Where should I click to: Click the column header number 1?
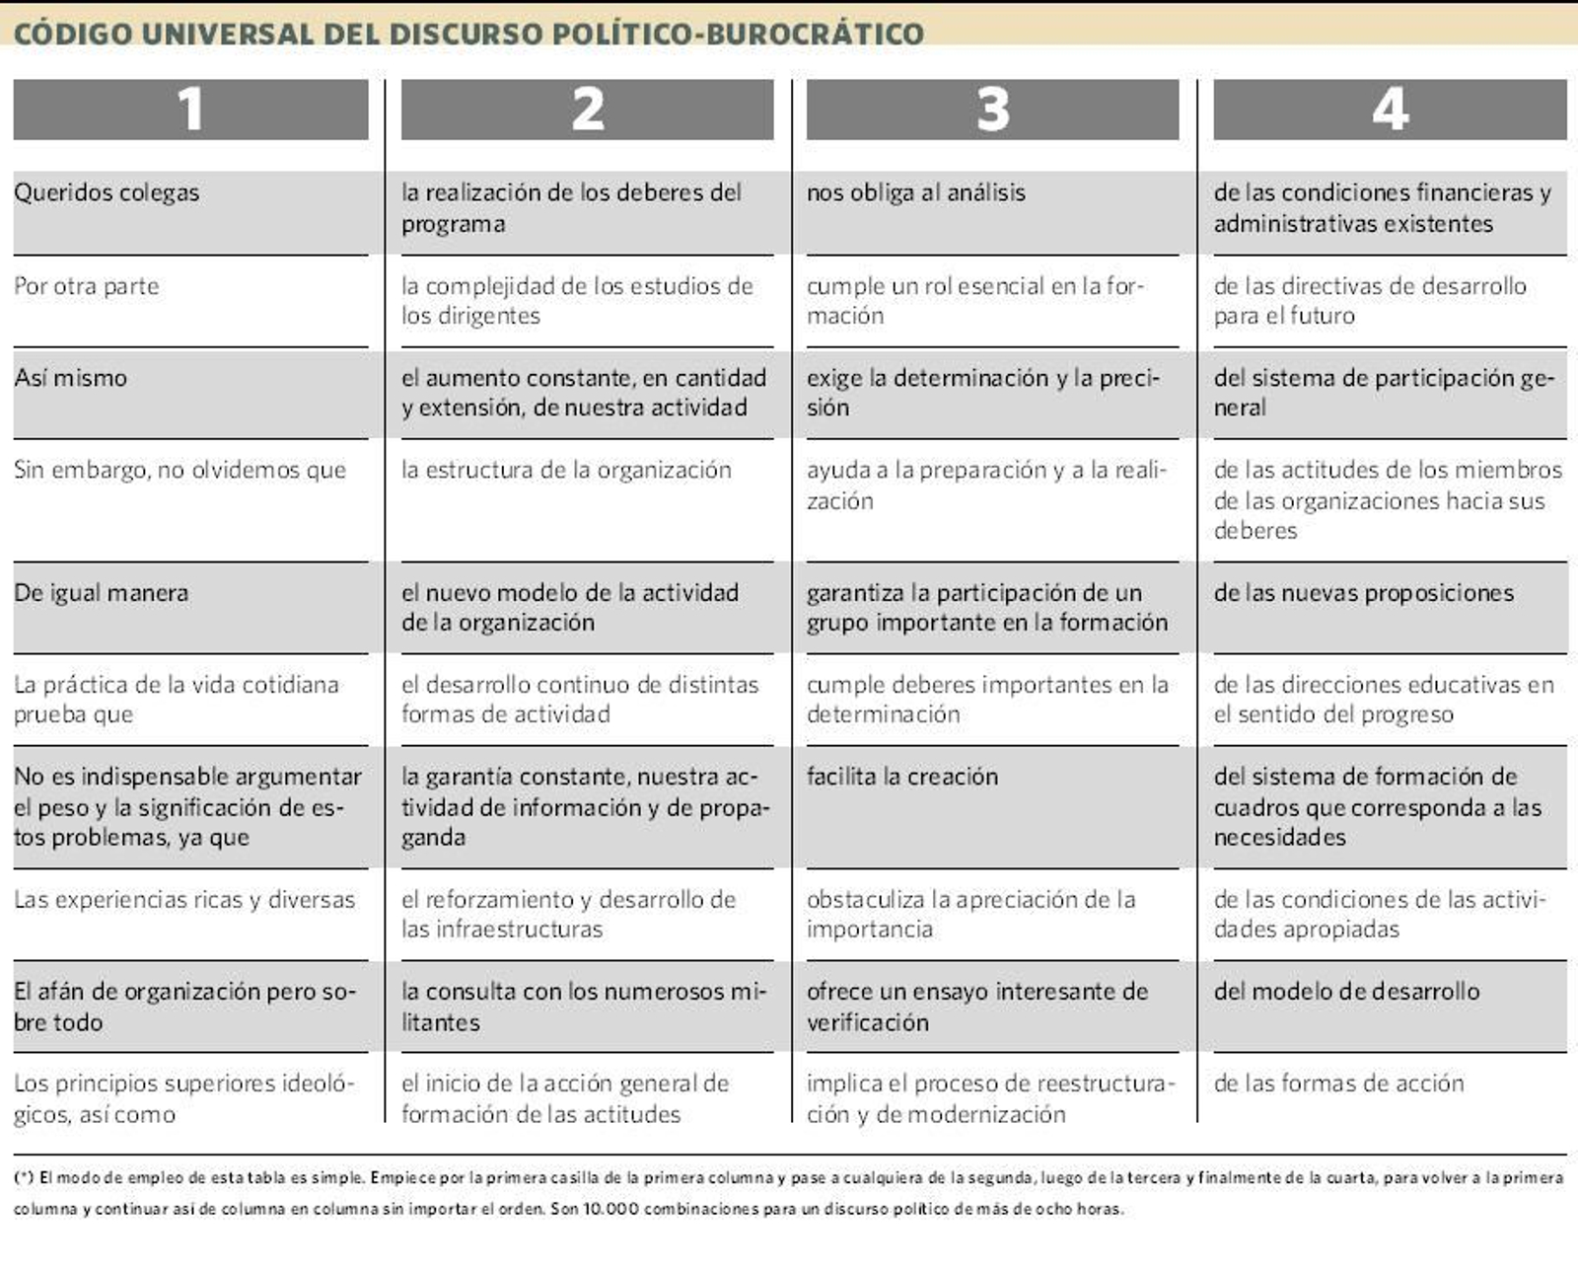[190, 109]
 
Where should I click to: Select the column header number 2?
[588, 109]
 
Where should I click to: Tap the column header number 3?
[993, 109]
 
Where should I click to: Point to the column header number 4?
[1390, 109]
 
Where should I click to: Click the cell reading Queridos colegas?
[107, 192]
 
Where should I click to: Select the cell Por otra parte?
[87, 286]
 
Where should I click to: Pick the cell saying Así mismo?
[71, 378]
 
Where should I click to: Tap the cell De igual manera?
[102, 593]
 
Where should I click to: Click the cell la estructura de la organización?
[566, 470]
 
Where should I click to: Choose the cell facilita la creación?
[902, 777]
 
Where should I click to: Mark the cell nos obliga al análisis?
[916, 192]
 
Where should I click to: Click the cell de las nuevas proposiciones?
[1364, 593]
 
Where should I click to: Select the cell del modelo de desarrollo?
[1347, 992]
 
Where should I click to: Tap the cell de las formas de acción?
[1339, 1084]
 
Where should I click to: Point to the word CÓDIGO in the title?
[73, 34]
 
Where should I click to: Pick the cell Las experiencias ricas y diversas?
[184, 900]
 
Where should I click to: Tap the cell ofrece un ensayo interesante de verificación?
[977, 1007]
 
